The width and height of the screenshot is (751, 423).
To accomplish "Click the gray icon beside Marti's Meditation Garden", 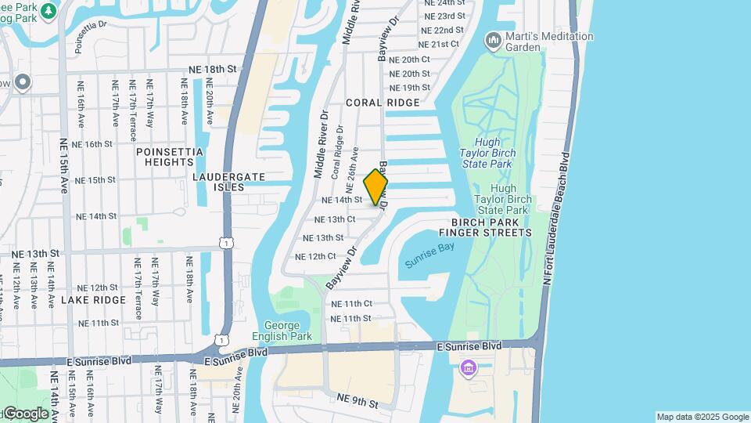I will point(493,39).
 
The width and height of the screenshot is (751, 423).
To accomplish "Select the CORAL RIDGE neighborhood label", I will point(383,103).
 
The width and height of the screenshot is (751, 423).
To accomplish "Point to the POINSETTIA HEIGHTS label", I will point(170,157).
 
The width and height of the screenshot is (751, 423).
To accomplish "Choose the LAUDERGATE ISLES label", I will point(229,182).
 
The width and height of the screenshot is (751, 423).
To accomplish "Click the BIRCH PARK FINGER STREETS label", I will point(485,227).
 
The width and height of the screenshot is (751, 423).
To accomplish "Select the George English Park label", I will point(293,331).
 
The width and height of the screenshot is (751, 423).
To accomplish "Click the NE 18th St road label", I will point(210,69).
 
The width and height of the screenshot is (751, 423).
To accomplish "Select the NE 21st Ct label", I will point(439,44).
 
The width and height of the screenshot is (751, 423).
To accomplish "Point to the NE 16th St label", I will point(92,144).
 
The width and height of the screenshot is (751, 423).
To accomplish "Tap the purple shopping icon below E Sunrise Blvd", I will point(469,367).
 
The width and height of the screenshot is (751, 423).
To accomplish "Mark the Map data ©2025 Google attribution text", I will point(702,417).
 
